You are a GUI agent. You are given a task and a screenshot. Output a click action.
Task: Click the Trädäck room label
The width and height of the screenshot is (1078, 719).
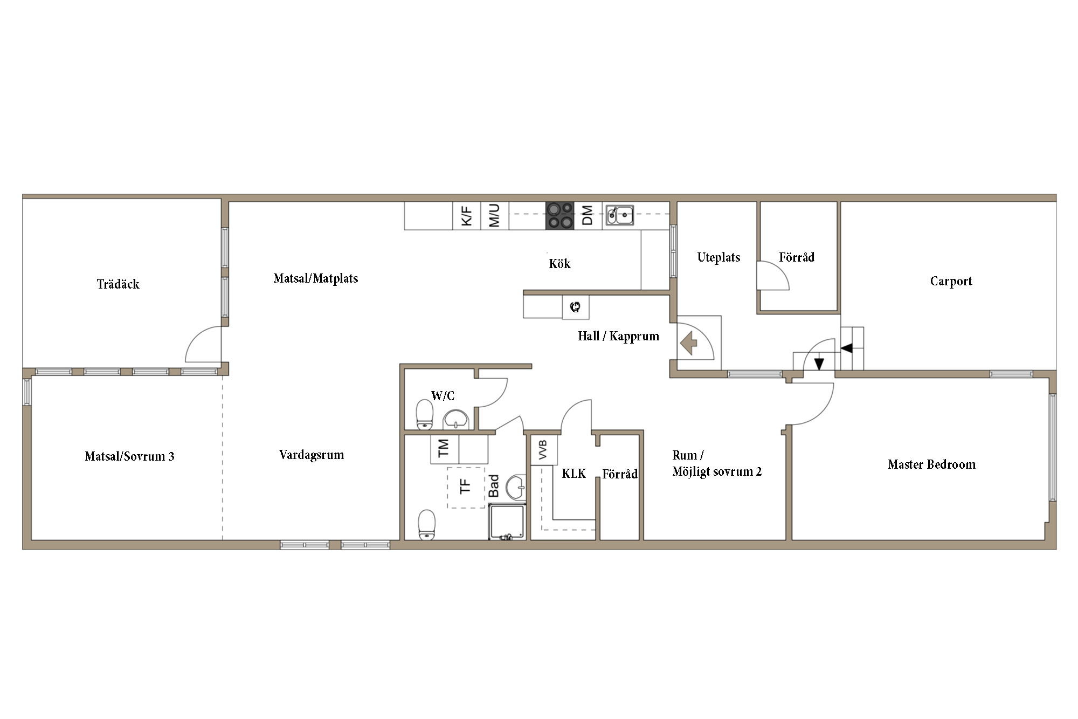(118, 284)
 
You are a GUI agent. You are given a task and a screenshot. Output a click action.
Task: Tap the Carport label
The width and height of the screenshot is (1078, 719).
(951, 281)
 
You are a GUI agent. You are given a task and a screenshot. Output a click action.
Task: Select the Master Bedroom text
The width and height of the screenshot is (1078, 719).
(931, 464)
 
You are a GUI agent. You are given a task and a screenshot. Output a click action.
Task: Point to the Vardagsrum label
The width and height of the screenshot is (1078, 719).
(312, 455)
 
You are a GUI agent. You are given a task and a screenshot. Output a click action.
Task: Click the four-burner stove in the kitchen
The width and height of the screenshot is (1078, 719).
(559, 215)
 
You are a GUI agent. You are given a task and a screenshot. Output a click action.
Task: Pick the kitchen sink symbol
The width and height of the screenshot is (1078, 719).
(619, 215)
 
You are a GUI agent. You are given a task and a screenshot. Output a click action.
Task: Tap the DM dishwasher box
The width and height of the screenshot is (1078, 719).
(588, 215)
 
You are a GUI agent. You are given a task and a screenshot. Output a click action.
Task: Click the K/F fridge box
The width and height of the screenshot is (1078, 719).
(466, 215)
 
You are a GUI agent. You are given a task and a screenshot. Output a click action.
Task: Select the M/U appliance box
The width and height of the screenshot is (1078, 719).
(495, 215)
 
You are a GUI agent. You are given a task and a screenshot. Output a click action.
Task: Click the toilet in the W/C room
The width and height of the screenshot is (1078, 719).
(425, 414)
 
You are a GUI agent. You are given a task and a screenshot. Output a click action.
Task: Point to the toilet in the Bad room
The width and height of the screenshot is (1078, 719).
(426, 524)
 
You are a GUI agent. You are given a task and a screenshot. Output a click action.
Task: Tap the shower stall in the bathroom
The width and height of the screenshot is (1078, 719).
(507, 522)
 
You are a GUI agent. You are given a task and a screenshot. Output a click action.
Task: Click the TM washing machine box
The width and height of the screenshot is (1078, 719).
(444, 449)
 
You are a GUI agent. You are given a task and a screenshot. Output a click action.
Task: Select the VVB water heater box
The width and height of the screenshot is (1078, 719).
(544, 450)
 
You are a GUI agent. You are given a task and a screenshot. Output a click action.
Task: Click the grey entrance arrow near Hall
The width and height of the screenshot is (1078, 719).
(689, 343)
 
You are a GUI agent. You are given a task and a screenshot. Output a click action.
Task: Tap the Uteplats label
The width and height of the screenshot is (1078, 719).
(718, 257)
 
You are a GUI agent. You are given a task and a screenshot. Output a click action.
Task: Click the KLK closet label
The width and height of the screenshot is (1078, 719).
(573, 474)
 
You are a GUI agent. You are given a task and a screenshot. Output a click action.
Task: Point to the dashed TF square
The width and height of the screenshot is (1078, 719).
(466, 487)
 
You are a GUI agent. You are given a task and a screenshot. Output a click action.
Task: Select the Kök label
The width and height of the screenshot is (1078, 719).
(559, 264)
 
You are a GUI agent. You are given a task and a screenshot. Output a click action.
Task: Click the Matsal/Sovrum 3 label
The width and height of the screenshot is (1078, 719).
(129, 456)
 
